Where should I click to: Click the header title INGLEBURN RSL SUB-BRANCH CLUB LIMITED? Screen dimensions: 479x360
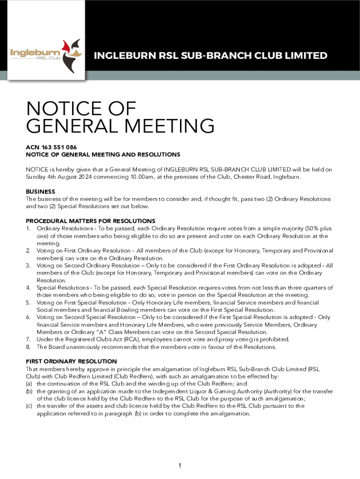coord(210,56)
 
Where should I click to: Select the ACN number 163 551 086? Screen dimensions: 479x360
coord(57,147)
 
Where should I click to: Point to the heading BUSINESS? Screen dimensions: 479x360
coord(41,191)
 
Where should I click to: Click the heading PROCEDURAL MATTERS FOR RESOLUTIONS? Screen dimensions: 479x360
coord(90,221)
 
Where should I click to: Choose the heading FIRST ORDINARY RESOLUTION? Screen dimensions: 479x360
coord(72,361)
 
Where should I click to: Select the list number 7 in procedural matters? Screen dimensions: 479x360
coord(28,340)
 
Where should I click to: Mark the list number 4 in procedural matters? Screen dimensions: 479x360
coord(28,287)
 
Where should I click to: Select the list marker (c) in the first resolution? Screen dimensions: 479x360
coord(29,406)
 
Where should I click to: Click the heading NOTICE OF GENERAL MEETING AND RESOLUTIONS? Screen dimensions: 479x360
coord(103,154)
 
